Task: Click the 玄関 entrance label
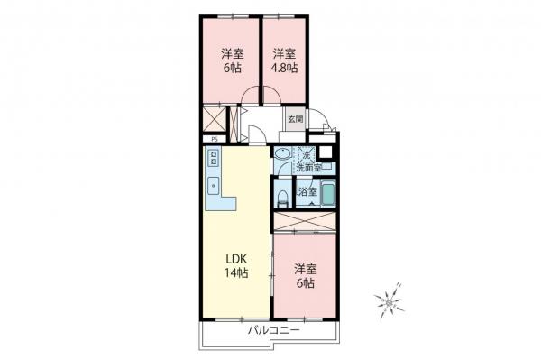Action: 295,118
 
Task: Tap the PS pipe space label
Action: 213,139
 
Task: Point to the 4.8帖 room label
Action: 286,59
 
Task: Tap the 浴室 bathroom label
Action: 307,191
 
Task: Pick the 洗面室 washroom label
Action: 307,167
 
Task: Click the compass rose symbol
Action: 389,304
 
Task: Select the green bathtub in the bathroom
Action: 328,193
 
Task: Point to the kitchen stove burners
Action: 215,160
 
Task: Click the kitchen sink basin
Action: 215,186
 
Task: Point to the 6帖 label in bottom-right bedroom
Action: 305,276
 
